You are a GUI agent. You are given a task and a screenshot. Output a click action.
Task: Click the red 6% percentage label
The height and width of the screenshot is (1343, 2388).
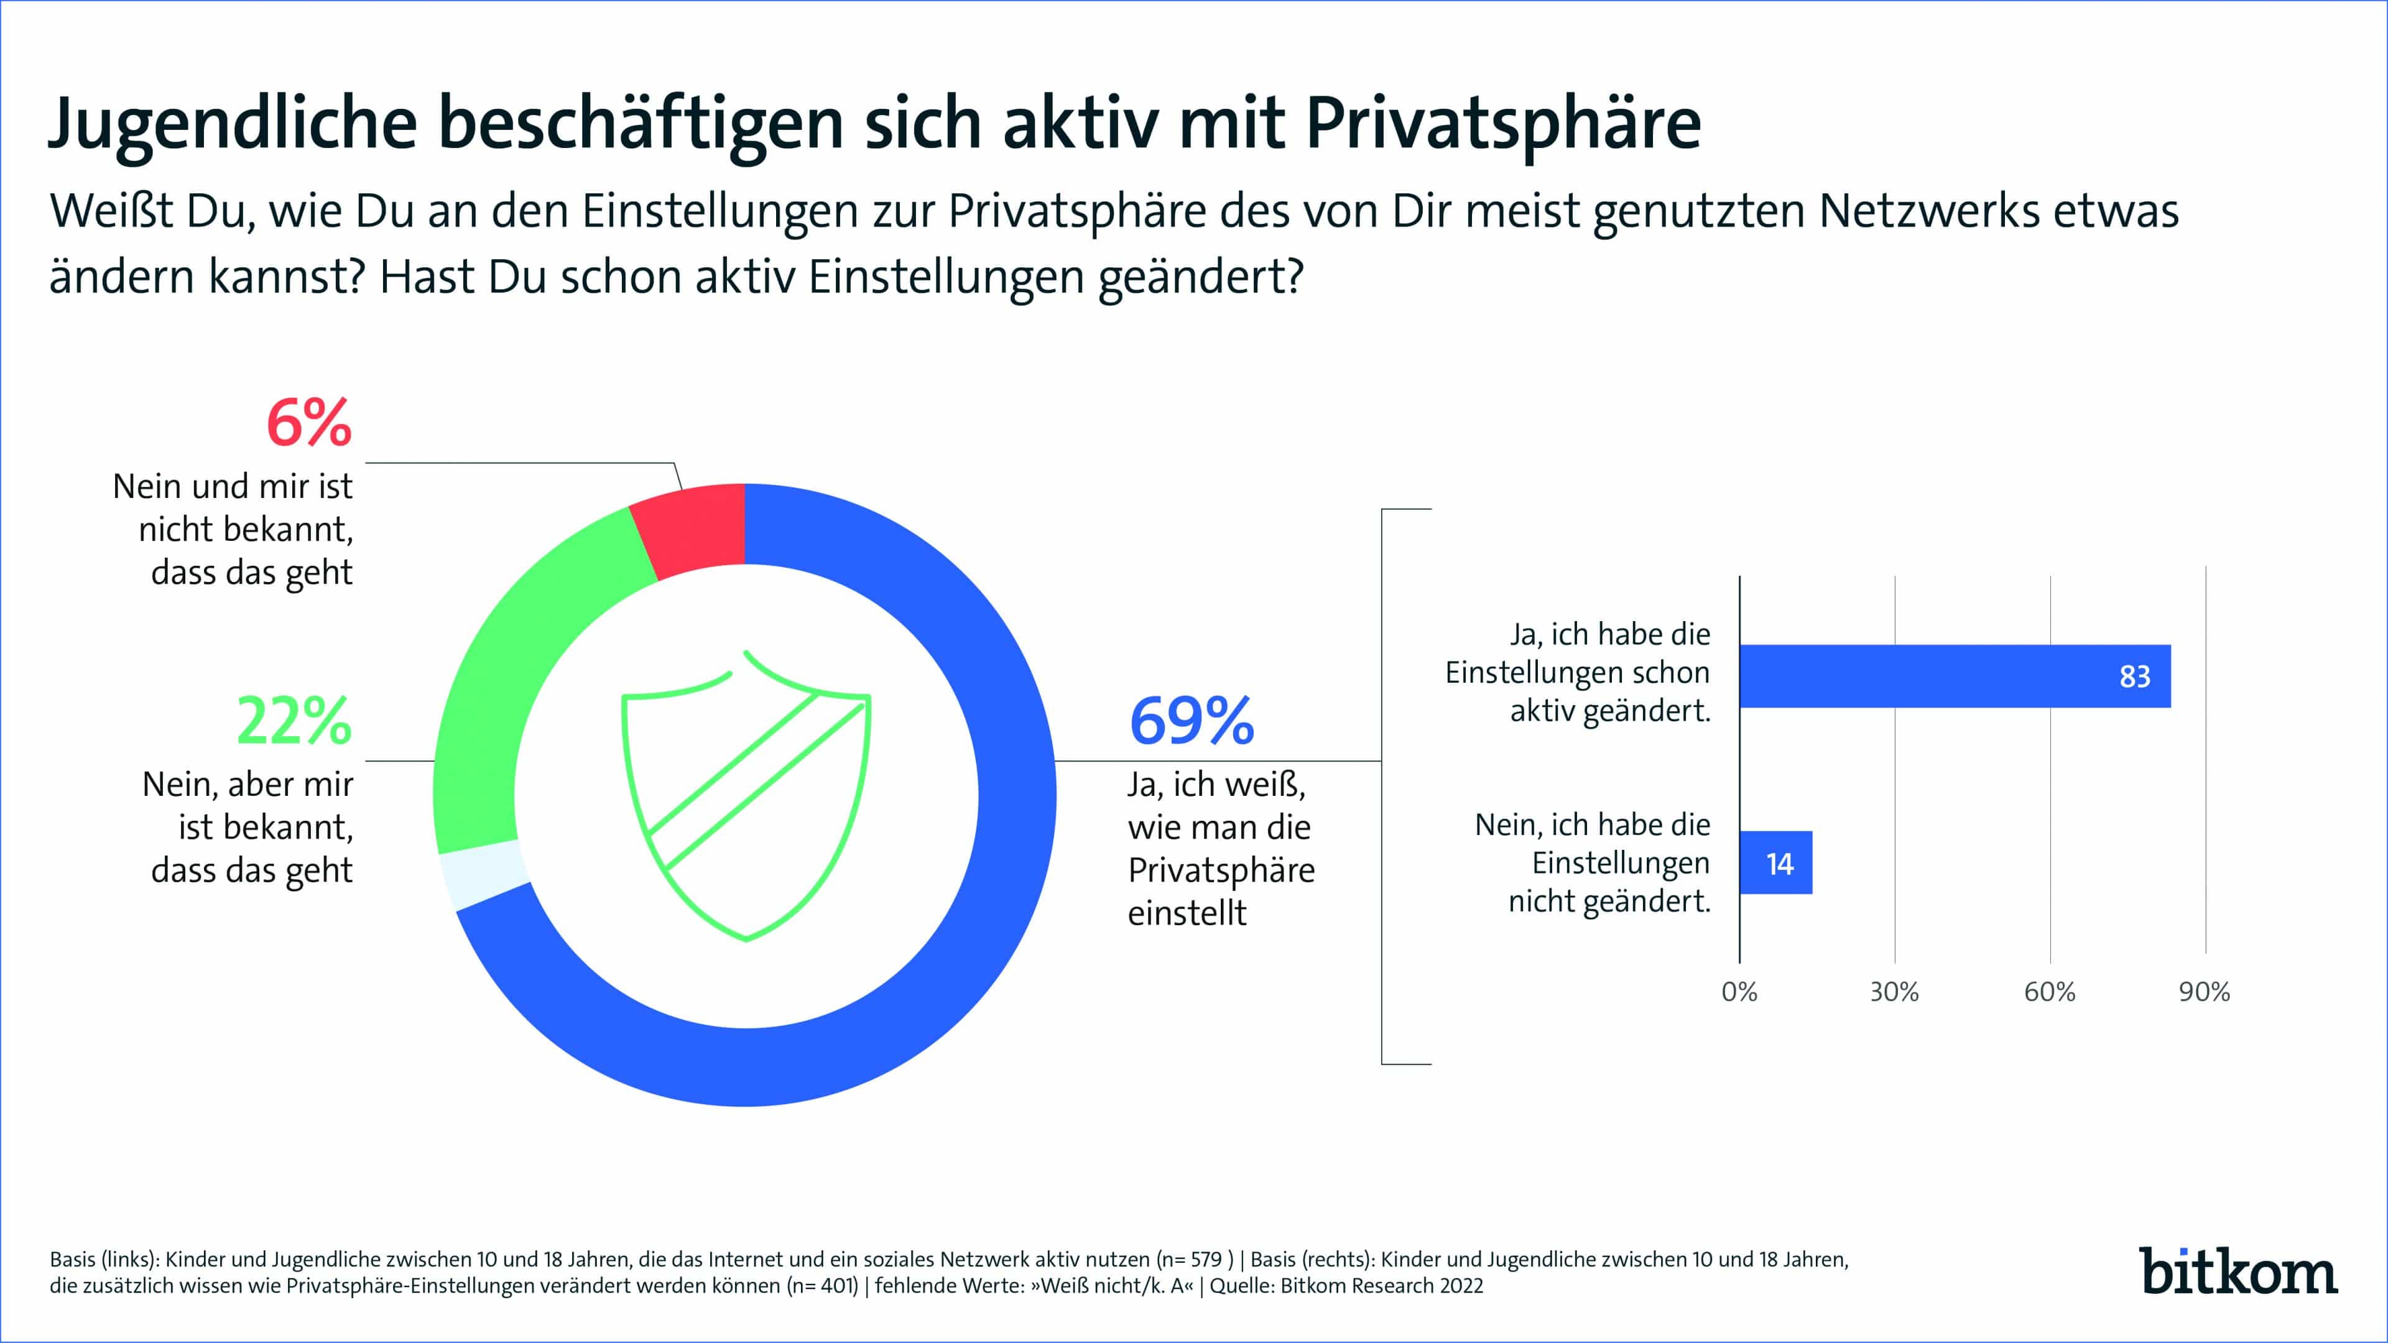308,423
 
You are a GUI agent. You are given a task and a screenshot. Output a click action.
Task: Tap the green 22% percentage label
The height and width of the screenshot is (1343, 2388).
294,721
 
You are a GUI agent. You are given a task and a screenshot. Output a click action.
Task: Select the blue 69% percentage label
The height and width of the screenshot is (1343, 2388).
1192,721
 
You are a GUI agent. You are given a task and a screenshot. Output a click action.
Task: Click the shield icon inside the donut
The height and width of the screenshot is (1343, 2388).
746,797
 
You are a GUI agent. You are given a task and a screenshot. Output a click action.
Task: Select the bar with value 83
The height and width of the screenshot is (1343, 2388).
1954,676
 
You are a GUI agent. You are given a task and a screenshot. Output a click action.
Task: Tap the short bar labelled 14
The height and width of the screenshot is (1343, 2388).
1775,863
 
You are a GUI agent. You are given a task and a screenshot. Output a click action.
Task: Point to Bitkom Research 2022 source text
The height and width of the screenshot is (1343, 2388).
1381,1286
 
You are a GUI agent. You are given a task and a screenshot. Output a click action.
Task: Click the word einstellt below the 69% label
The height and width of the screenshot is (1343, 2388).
1187,914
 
